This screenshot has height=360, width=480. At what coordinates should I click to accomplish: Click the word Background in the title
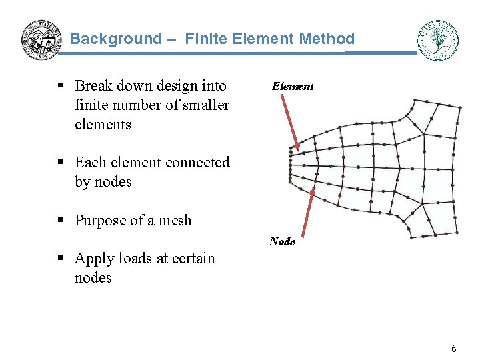(x=116, y=39)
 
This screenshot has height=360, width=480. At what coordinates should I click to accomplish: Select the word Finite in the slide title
(x=207, y=39)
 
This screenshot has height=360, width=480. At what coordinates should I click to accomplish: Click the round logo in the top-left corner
(x=41, y=39)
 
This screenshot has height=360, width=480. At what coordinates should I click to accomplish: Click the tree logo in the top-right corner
(x=437, y=40)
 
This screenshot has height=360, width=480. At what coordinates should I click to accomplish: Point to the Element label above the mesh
(x=293, y=87)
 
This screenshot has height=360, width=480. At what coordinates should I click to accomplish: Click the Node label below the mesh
(x=282, y=241)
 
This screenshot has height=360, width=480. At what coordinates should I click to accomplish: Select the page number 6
(x=454, y=348)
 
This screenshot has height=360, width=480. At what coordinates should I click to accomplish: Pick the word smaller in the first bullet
(x=204, y=105)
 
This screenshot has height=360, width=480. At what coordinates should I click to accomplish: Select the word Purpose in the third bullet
(x=100, y=221)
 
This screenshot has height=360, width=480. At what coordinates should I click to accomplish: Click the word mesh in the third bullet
(x=175, y=221)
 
